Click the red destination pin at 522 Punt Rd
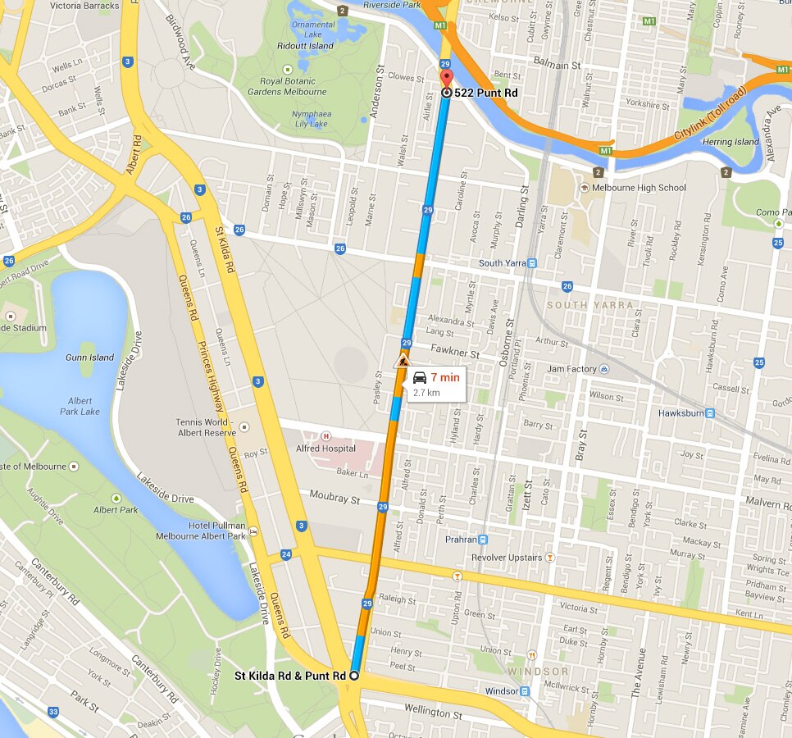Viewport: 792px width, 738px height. (446, 80)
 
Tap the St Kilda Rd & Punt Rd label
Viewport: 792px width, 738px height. (290, 676)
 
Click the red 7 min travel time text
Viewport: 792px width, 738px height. (444, 377)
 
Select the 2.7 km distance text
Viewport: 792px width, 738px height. (426, 393)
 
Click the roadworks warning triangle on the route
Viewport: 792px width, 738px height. (402, 361)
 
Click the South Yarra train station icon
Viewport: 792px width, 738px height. (531, 263)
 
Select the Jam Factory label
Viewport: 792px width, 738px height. (571, 369)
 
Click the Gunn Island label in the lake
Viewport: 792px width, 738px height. (90, 358)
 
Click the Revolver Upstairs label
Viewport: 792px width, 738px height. (506, 558)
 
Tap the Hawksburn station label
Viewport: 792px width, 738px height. (680, 413)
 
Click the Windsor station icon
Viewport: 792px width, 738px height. (525, 691)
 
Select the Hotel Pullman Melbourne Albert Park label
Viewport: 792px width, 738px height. (201, 531)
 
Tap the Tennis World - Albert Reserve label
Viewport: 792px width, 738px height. (205, 427)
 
